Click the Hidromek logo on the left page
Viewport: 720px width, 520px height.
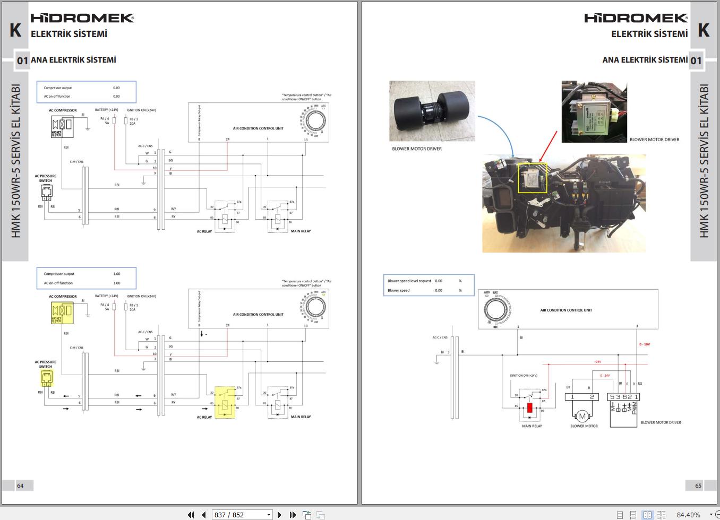[82, 18]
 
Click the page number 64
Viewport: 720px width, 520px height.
[20, 485]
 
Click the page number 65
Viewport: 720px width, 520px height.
[698, 485]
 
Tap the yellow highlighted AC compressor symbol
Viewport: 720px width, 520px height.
[62, 312]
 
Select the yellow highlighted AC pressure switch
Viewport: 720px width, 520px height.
[47, 378]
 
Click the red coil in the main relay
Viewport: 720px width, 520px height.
[529, 408]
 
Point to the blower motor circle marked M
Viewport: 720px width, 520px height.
[582, 416]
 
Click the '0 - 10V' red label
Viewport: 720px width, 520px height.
[644, 344]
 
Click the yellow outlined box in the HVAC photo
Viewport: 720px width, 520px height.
[532, 178]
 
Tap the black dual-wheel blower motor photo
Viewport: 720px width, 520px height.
[432, 110]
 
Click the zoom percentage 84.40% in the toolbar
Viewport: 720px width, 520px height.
[688, 515]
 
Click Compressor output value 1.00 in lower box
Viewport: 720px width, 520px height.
[117, 274]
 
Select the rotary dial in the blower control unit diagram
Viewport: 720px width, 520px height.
[496, 309]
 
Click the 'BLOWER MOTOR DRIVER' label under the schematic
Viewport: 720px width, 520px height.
[661, 422]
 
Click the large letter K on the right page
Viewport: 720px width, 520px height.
[704, 30]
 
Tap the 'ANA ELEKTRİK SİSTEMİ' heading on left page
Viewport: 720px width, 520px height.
[73, 60]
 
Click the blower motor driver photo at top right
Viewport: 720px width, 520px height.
[594, 111]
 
